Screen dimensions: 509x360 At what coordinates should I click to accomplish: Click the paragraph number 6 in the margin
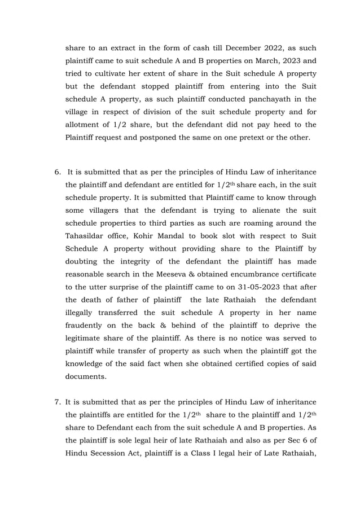coord(56,172)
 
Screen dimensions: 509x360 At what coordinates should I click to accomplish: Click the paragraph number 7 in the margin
coord(57,403)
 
